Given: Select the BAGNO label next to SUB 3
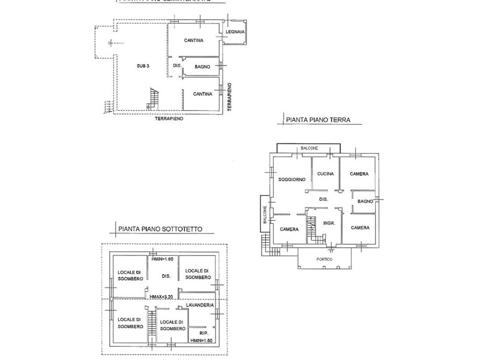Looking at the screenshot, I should click(x=202, y=67).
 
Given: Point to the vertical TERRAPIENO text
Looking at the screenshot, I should click(x=230, y=97).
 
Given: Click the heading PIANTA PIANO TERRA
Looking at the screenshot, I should click(x=318, y=120).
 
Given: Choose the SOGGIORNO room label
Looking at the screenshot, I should click(x=292, y=179).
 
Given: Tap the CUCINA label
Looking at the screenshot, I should click(x=325, y=173).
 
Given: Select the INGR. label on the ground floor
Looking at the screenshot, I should click(x=328, y=223).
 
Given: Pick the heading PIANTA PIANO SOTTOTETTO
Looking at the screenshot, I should click(x=160, y=229).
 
